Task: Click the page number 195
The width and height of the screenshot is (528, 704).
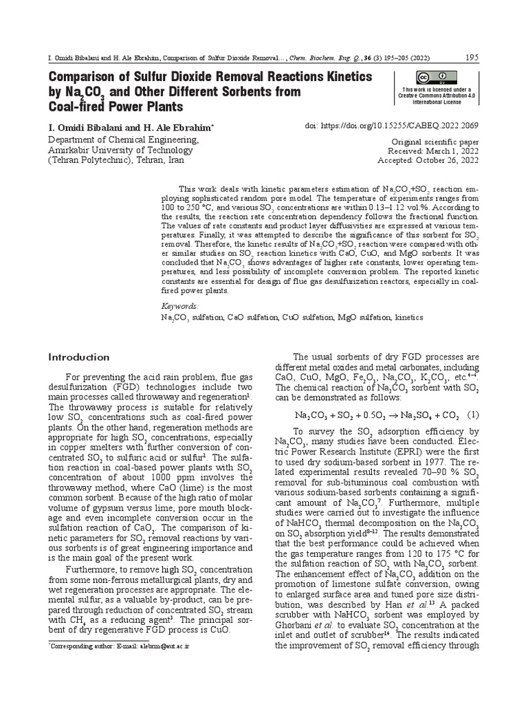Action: [x=472, y=57]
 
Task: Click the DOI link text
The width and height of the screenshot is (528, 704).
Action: [x=392, y=126]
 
